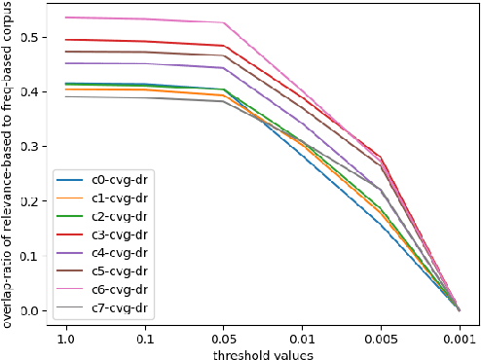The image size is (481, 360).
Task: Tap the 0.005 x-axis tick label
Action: point(381,342)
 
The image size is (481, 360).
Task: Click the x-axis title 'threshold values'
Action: point(263,354)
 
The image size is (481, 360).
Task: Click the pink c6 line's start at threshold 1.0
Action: point(67,18)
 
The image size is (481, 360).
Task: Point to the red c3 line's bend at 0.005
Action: point(381,156)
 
